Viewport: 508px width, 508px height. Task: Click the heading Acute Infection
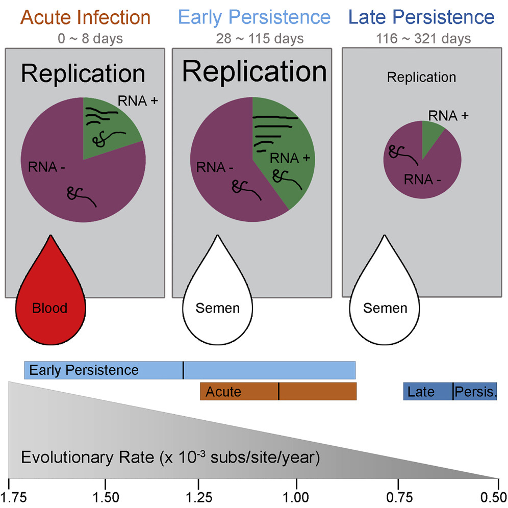(86, 17)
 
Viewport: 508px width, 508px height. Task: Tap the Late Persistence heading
(422, 17)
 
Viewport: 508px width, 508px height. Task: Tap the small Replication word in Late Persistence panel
(421, 78)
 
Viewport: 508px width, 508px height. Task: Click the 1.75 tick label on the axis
(10, 496)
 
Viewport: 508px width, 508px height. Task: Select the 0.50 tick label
(497, 496)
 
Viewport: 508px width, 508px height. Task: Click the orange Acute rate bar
(278, 392)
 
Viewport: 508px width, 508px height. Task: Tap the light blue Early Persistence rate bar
(190, 370)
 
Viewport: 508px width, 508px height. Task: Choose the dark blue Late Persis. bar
(450, 392)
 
